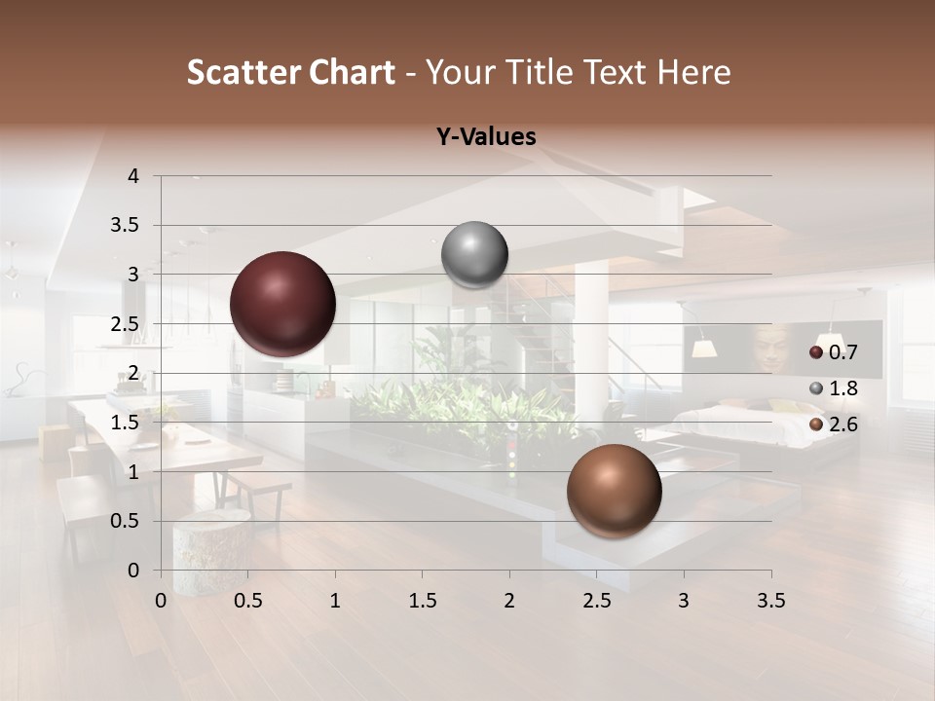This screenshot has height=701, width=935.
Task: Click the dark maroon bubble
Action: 283,304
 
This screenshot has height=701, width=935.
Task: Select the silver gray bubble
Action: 474,255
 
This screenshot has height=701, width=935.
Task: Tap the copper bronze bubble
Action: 614,491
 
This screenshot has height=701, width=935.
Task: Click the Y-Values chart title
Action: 486,137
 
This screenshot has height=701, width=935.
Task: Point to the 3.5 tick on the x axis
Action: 770,601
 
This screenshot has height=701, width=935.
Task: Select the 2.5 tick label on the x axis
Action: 596,601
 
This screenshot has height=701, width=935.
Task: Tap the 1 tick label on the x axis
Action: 335,601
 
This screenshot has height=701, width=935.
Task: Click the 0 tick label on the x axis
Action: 161,601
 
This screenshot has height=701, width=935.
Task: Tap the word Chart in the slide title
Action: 352,72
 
